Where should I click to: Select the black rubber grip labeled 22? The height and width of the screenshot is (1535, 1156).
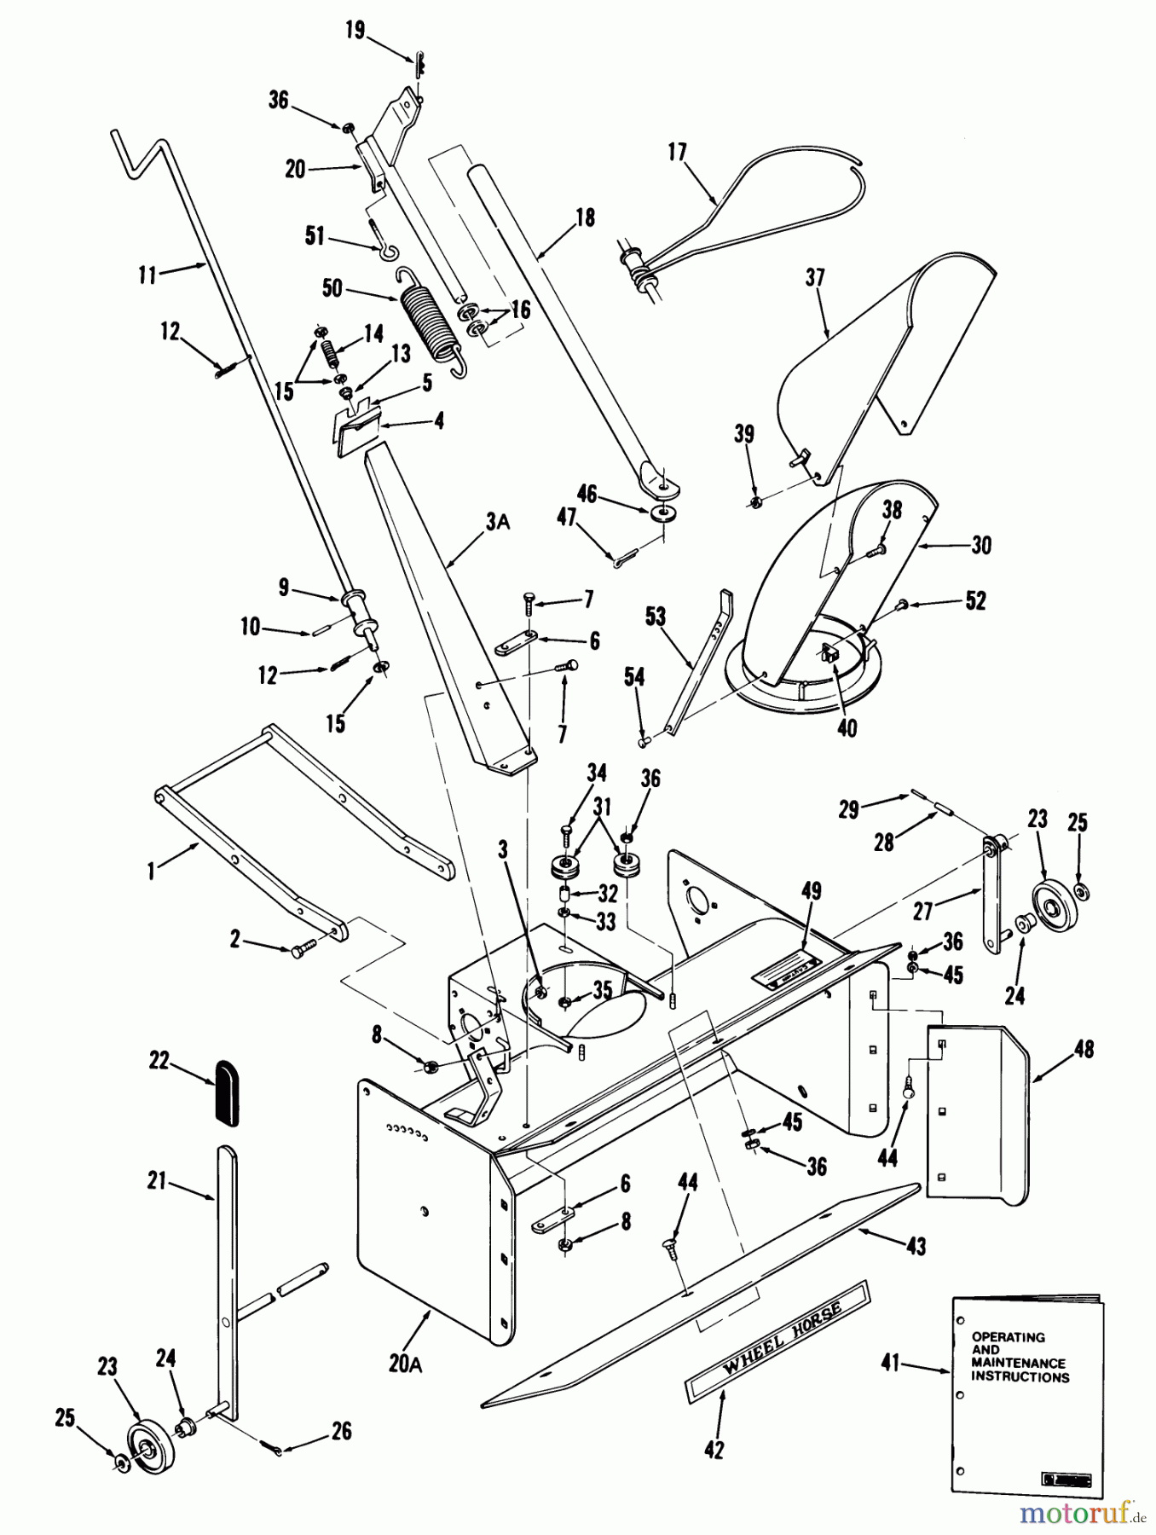coord(226,1092)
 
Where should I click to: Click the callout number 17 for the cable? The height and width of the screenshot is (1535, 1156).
coord(677,153)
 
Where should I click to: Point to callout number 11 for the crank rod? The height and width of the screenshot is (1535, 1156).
coord(147,275)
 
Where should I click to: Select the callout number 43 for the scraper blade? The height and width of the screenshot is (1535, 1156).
coord(916,1246)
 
